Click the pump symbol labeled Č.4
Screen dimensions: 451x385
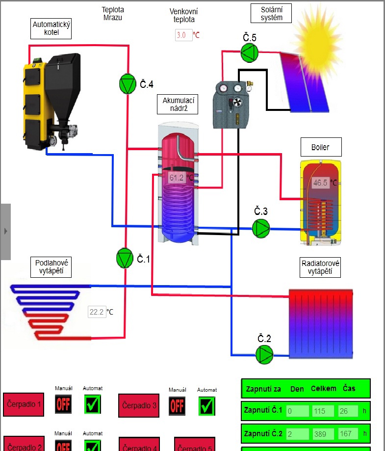point(127,83)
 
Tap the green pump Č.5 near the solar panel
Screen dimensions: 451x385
point(249,52)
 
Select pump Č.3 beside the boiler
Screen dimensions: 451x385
point(261,228)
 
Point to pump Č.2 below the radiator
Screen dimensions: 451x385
point(264,354)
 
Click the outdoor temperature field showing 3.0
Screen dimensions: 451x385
point(183,35)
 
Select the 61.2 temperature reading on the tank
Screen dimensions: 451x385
point(176,178)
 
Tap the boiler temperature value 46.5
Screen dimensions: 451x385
point(320,183)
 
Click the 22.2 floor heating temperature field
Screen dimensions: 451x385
point(97,312)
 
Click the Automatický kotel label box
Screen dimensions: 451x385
point(51,28)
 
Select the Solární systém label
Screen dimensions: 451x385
point(271,13)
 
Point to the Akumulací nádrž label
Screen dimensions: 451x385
point(176,105)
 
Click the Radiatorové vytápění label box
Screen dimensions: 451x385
point(320,267)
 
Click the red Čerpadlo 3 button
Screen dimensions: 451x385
point(139,405)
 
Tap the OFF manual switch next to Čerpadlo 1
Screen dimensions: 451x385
point(63,404)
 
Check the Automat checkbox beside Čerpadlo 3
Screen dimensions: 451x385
point(207,405)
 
